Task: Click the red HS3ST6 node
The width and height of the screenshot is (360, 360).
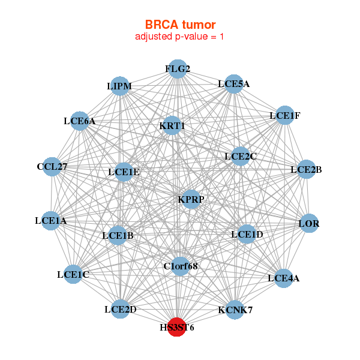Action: coord(176,327)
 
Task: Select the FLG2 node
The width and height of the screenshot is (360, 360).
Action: coord(177,69)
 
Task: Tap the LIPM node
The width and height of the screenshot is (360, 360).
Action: coord(119,86)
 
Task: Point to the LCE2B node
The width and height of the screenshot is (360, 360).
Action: coord(306,169)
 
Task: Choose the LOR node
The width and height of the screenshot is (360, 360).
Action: coord(308,224)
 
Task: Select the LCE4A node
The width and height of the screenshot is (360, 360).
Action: coord(283,277)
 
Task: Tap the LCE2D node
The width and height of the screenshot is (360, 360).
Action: coord(120,309)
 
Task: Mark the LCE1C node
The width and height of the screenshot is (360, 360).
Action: coord(73,275)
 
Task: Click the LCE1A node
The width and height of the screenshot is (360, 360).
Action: coord(51,221)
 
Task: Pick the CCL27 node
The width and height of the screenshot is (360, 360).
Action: coord(52,167)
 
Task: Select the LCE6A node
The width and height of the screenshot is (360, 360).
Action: coord(80,121)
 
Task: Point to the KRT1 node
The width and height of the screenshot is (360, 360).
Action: coord(172,125)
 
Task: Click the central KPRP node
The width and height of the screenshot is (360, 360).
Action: coord(191,199)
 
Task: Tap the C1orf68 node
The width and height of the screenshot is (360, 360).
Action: coord(180,265)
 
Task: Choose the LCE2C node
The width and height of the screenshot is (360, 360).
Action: coord(240,157)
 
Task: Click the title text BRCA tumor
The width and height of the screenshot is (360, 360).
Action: coord(180,25)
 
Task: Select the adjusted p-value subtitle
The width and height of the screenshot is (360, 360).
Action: coord(180,37)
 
